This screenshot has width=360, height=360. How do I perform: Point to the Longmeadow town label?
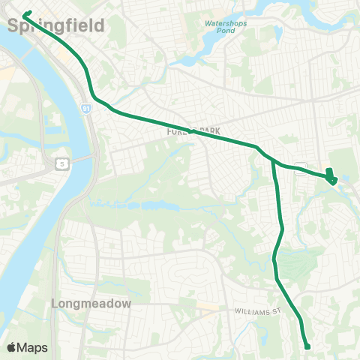pos(91,304)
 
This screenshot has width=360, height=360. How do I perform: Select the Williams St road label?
pos(256,310)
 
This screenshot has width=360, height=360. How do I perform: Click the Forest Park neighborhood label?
pos(192,130)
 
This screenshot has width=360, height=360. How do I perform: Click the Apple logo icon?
pos(11,347)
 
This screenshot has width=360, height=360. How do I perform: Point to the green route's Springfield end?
pos(27,13)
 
